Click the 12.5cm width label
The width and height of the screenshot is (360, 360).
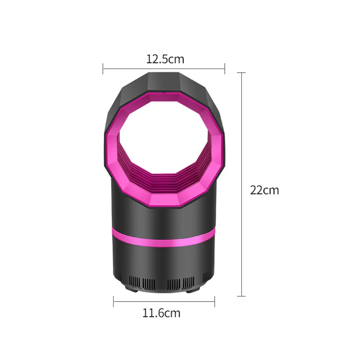[x=165, y=59]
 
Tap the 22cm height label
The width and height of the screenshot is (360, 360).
[x=264, y=190]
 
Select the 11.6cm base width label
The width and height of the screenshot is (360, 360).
[x=161, y=313]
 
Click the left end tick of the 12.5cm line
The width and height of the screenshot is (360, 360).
[x=103, y=68]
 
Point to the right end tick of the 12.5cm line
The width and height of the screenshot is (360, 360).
[x=225, y=68]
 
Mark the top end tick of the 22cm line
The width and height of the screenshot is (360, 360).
[x=241, y=73]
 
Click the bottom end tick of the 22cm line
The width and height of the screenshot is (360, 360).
[x=241, y=296]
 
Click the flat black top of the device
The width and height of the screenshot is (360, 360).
[x=164, y=80]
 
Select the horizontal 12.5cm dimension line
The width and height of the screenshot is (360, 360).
[x=164, y=68]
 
